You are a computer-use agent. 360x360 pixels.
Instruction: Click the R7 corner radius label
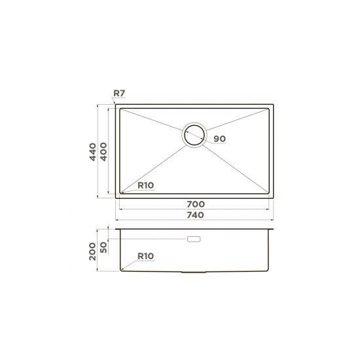click(119, 93)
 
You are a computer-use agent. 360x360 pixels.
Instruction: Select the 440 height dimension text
click(93, 152)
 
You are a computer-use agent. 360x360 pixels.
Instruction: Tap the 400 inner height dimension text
click(103, 152)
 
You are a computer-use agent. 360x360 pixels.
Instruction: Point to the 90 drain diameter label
click(220, 139)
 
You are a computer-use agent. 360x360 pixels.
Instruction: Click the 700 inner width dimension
click(196, 204)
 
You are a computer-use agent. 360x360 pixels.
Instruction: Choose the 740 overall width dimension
click(196, 215)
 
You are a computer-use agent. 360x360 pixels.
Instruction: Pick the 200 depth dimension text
click(92, 251)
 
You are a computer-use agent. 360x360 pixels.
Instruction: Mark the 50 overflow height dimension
click(104, 247)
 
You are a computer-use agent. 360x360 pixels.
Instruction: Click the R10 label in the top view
click(145, 185)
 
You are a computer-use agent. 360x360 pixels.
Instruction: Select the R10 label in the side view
click(145, 256)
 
